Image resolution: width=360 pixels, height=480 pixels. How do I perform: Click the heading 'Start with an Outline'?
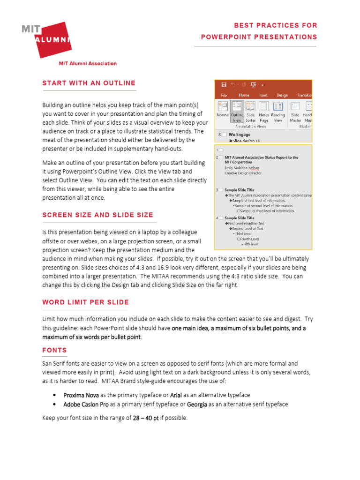click(89, 83)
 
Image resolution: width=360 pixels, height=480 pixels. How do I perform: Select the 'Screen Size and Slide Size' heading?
click(97, 215)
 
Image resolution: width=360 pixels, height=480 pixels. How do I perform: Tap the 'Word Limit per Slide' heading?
click(85, 302)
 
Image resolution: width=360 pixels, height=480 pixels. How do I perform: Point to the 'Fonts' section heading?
click(54, 350)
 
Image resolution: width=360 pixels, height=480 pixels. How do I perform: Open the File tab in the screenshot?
click(224, 95)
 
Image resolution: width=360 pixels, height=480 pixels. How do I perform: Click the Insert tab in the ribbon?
click(263, 95)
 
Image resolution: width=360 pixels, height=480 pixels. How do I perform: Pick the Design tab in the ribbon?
click(282, 95)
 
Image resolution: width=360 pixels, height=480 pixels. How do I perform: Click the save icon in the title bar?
click(224, 85)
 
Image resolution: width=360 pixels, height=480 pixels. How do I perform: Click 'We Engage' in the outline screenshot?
click(239, 135)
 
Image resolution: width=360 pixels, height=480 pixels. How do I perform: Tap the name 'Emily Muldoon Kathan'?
click(241, 168)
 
